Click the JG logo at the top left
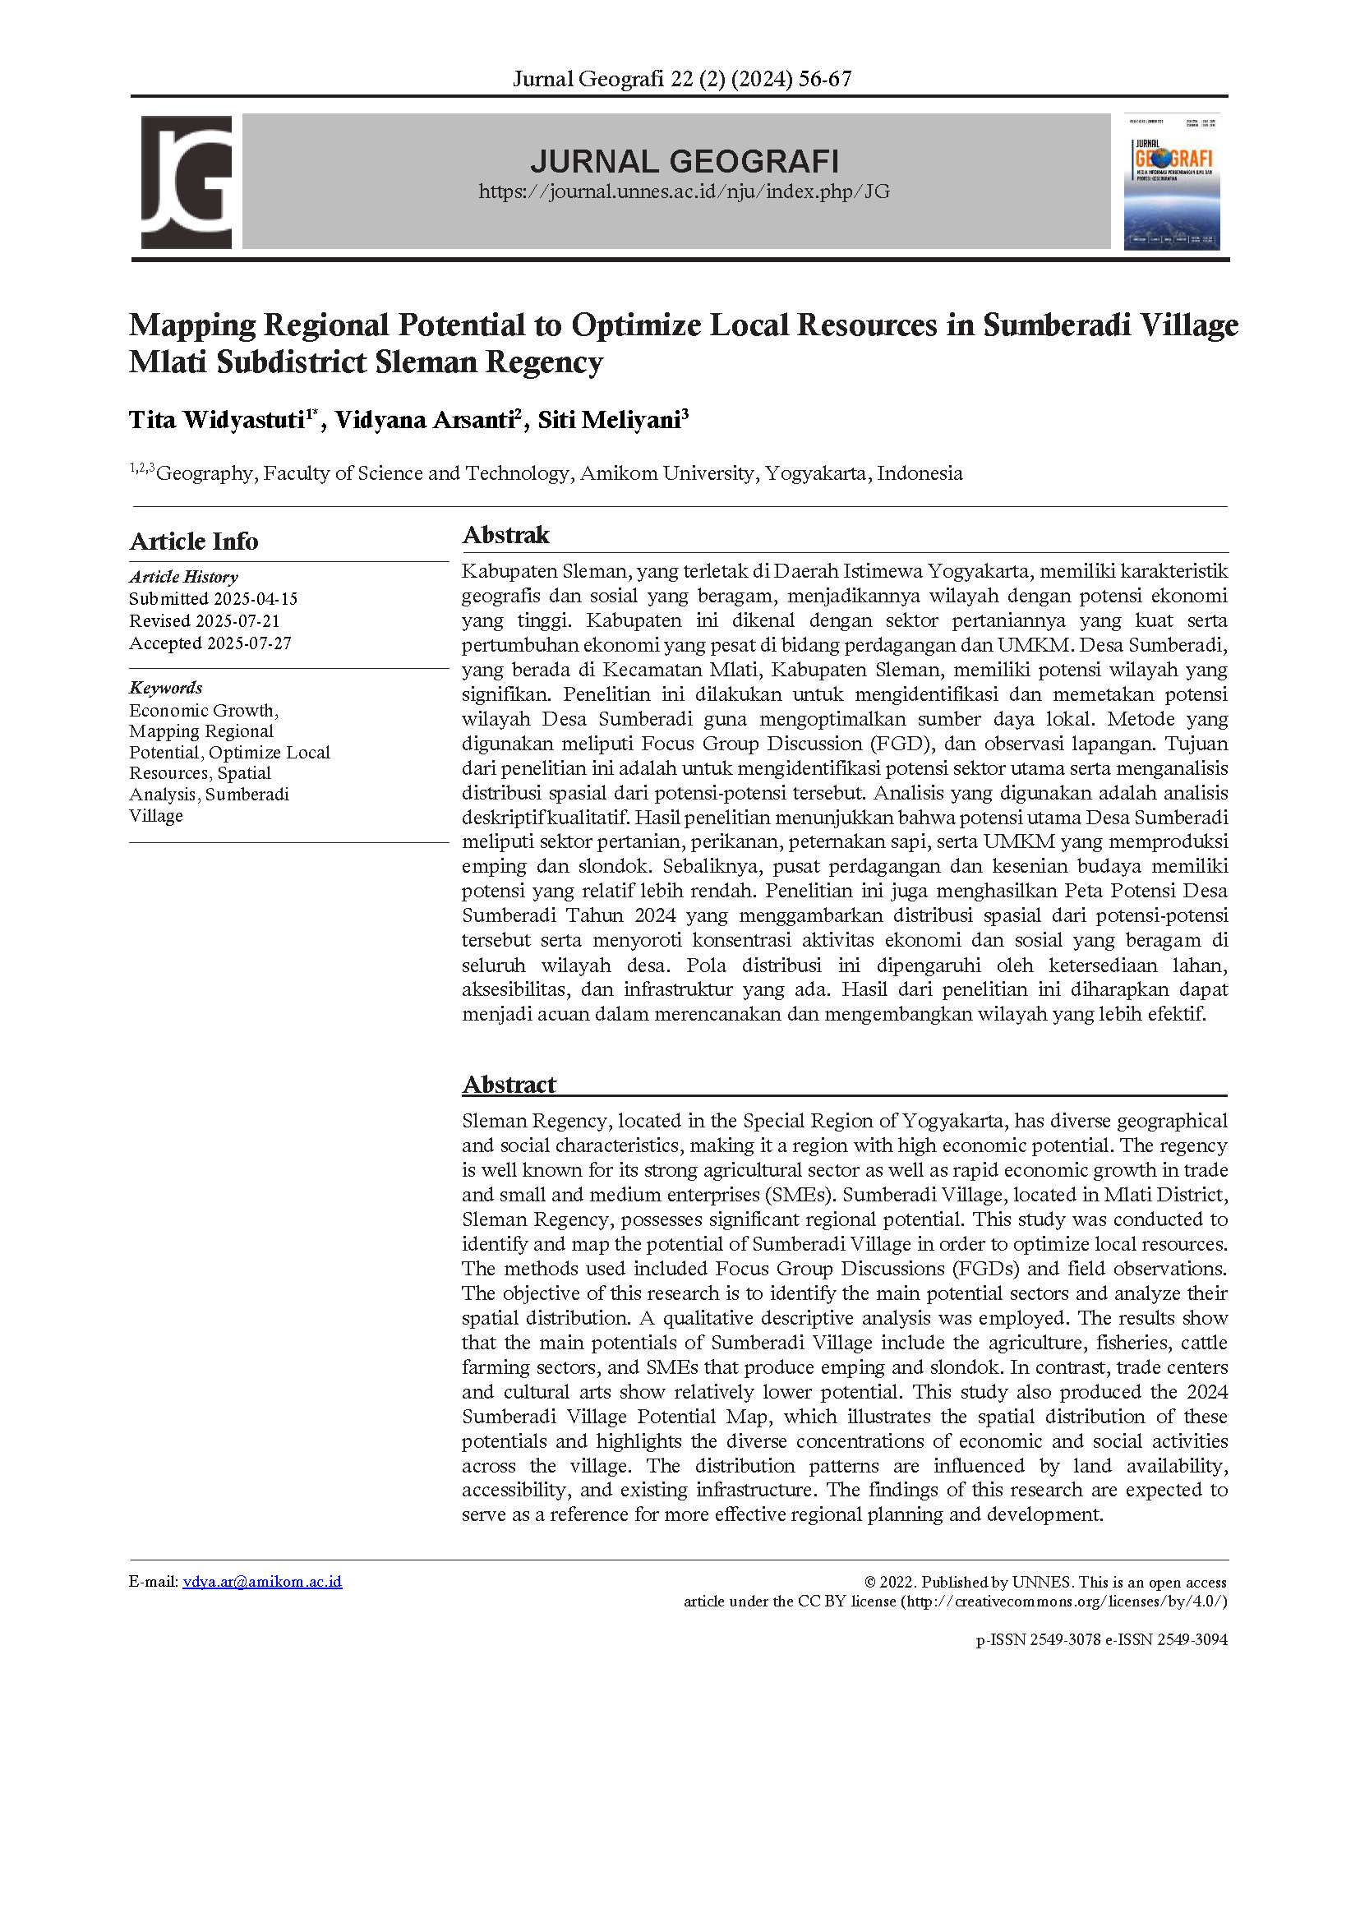[x=186, y=182]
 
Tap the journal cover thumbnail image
[x=1172, y=182]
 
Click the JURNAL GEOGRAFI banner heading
[x=685, y=161]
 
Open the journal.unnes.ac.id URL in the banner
[x=685, y=191]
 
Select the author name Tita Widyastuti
[x=216, y=420]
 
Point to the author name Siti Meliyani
[x=609, y=420]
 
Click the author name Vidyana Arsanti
[x=425, y=420]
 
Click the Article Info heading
[x=193, y=541]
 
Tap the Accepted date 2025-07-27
[x=250, y=643]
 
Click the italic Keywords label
[x=166, y=688]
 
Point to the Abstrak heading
[x=506, y=535]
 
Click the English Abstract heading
[x=509, y=1085]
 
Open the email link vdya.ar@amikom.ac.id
[x=262, y=1582]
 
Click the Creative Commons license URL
[x=1063, y=1602]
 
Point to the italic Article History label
[x=183, y=577]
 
